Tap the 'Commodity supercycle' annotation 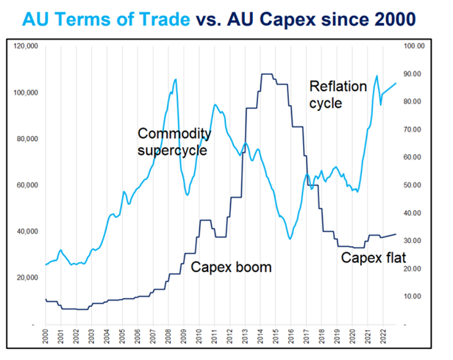(x=174, y=142)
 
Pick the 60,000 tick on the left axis (x=28, y=185)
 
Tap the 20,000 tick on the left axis (x=28, y=278)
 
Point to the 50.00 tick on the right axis (x=415, y=185)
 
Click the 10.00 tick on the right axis (x=415, y=296)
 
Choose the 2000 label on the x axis (x=45, y=340)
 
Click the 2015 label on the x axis (x=276, y=340)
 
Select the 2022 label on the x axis (x=384, y=340)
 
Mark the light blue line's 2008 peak (x=175, y=79)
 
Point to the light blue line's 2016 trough (x=290, y=239)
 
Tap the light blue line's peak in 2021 (x=377, y=76)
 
